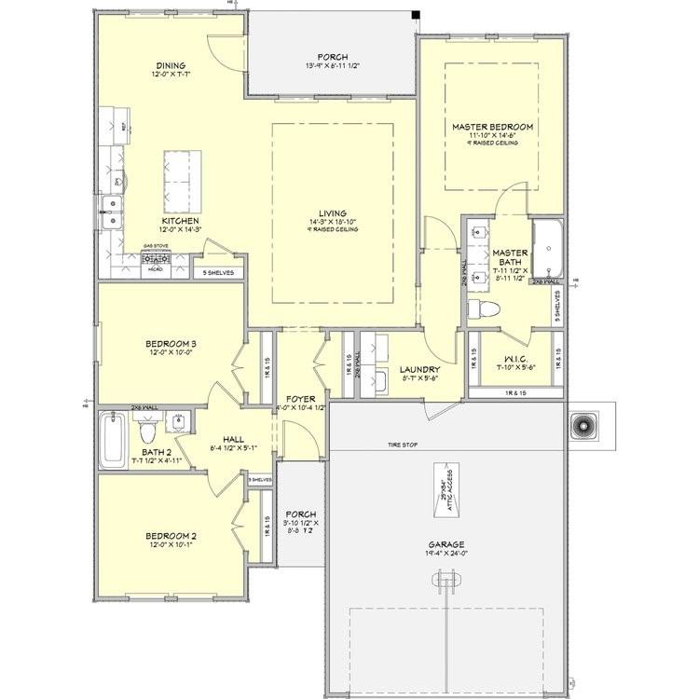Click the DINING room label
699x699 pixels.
tap(171, 65)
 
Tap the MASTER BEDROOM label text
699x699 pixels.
tap(492, 126)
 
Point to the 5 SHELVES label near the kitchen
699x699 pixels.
tap(218, 273)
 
